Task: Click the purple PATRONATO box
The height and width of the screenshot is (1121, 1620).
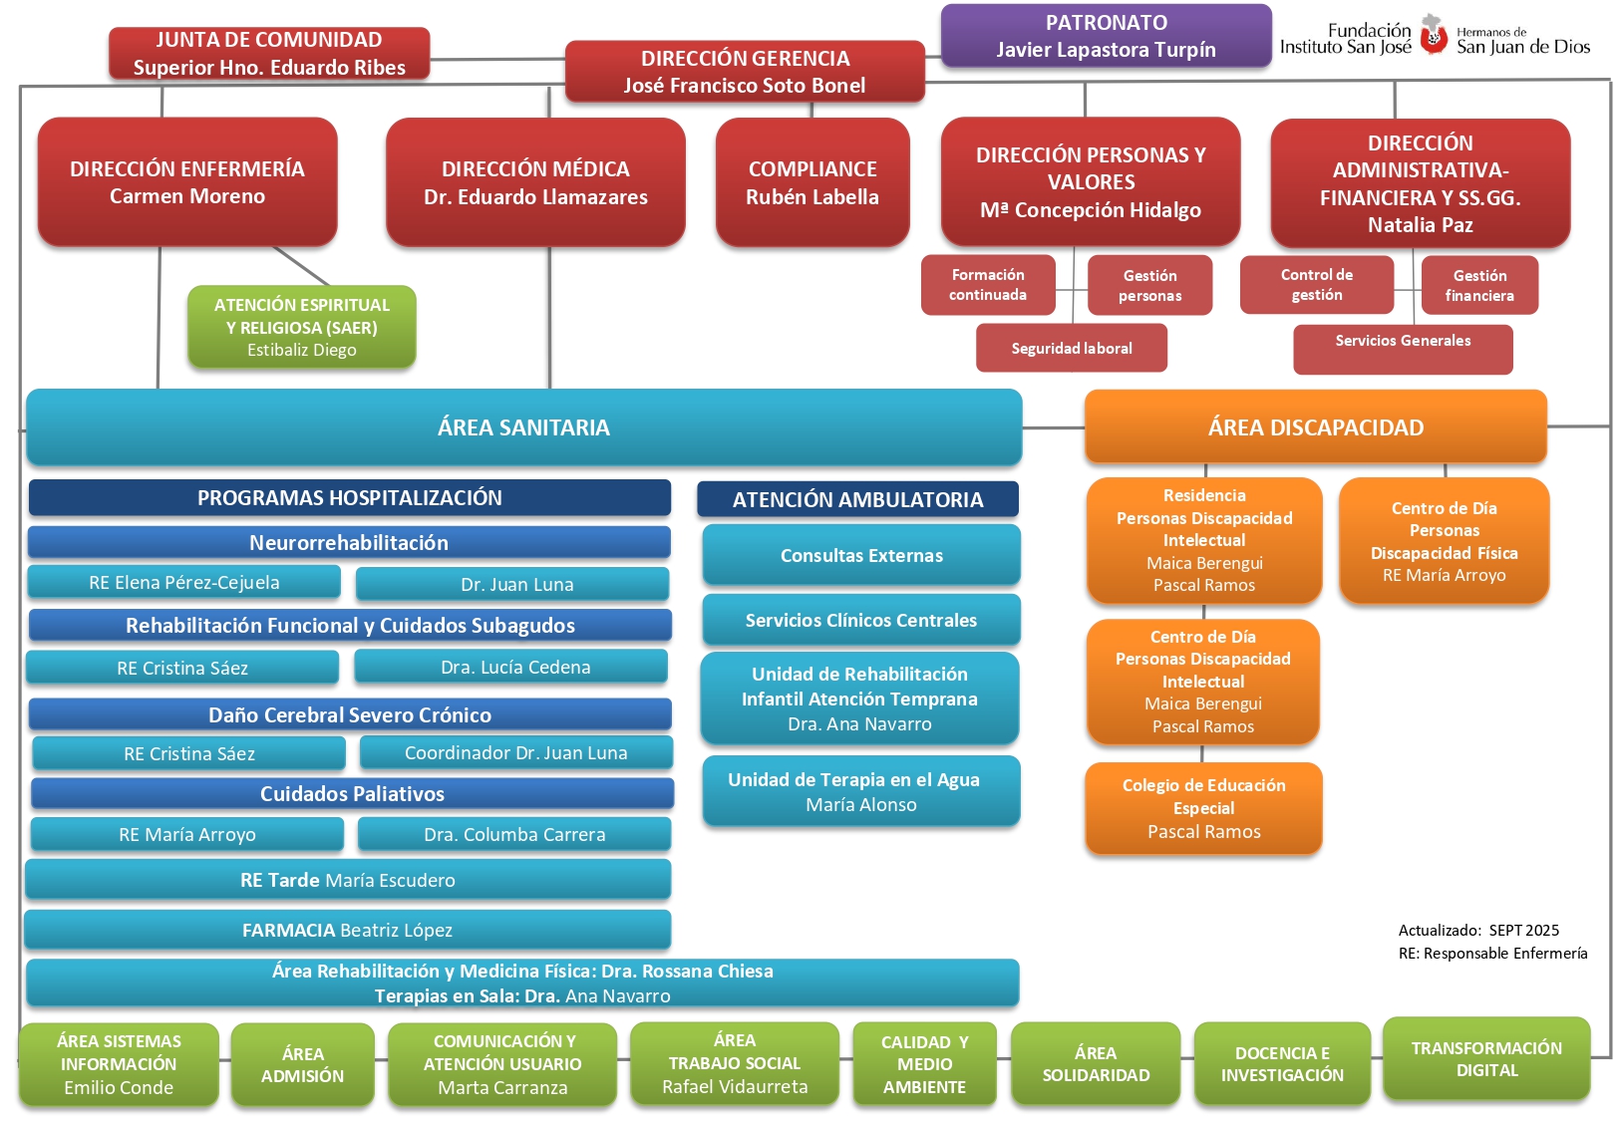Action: tap(1106, 36)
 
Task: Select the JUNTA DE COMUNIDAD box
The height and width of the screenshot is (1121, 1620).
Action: tap(269, 54)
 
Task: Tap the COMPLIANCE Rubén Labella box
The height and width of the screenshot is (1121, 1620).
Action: tap(812, 182)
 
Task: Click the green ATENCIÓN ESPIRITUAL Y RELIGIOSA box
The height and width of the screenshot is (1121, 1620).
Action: tap(302, 327)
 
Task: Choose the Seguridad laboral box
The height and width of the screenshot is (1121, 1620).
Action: tap(1072, 349)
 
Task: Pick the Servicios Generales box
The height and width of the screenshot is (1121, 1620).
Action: tap(1403, 349)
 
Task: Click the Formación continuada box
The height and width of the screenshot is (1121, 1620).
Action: tap(988, 285)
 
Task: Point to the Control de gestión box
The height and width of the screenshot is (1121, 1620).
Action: tap(1316, 285)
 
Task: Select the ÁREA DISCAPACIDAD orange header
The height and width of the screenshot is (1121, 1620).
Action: tap(1316, 427)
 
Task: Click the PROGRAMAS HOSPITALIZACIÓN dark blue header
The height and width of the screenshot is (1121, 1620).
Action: tap(350, 498)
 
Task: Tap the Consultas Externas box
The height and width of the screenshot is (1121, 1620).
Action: tap(861, 555)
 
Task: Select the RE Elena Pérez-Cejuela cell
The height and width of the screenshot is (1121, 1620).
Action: tap(184, 582)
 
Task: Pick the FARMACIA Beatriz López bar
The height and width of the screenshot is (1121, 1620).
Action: tap(347, 930)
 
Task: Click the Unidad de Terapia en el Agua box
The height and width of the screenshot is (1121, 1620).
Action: tap(861, 791)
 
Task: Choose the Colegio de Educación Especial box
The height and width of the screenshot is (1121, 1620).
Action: tap(1203, 808)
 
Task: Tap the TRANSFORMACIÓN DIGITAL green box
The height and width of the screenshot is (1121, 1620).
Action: tap(1486, 1058)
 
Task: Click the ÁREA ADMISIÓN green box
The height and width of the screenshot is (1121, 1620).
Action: tap(302, 1064)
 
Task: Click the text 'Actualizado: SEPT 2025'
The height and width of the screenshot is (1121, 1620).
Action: tap(1478, 930)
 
